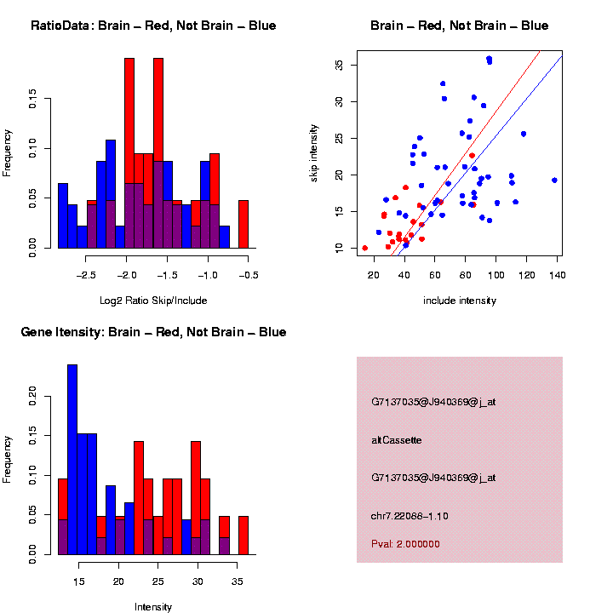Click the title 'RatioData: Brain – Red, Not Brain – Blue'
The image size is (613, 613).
pos(153,26)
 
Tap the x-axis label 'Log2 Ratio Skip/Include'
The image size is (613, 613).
pos(153,301)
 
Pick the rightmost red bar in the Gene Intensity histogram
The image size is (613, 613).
pos(243,536)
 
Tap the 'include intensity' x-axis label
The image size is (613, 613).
pos(460,301)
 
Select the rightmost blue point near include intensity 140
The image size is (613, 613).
pos(554,180)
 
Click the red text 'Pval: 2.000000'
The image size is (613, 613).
pos(406,543)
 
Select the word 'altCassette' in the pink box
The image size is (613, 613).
pos(397,440)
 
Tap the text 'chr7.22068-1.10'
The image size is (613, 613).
pos(410,516)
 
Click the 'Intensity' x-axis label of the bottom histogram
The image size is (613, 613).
pos(153,607)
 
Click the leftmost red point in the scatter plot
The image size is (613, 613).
pos(365,248)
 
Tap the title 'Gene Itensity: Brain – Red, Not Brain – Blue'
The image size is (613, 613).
pos(153,332)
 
